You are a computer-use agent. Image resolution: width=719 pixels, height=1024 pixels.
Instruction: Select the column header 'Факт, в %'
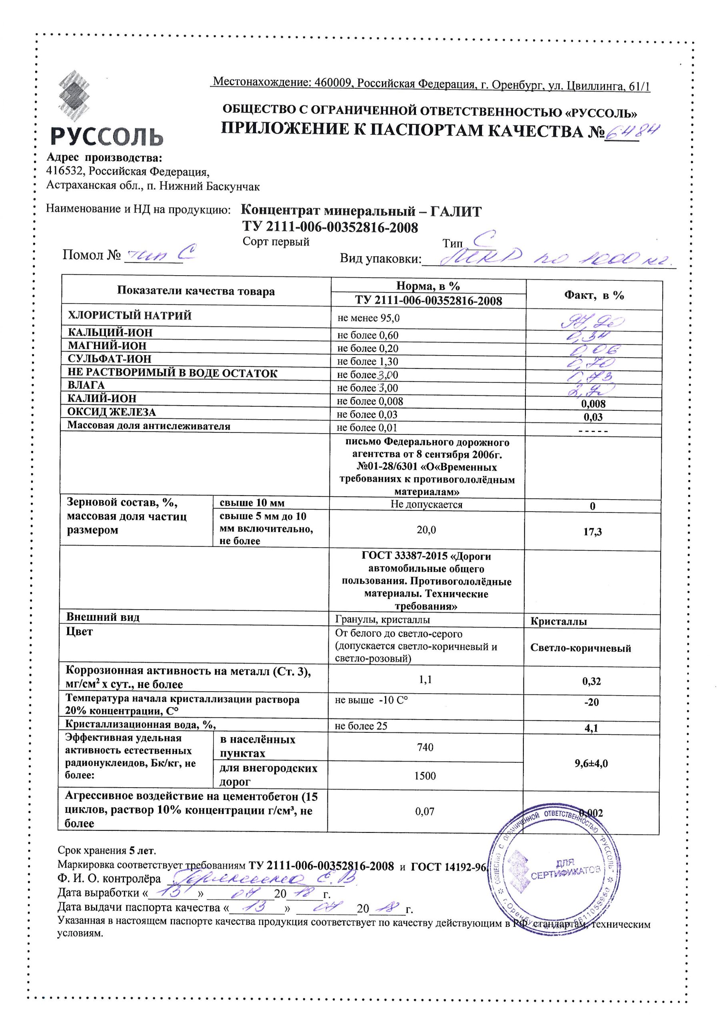(594, 295)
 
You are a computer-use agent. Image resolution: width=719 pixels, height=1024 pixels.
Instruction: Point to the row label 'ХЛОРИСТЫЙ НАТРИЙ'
(130, 316)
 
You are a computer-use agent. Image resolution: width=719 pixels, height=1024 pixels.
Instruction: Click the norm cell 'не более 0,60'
(368, 335)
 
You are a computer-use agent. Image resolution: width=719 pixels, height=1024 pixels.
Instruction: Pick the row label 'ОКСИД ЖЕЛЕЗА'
(112, 412)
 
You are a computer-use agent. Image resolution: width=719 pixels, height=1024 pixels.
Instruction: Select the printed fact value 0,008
(593, 404)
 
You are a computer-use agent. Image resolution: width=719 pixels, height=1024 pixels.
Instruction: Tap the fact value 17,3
(592, 532)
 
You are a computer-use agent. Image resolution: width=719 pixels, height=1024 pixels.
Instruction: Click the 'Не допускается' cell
(426, 504)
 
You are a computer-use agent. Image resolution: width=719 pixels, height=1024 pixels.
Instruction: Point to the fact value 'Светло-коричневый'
(580, 648)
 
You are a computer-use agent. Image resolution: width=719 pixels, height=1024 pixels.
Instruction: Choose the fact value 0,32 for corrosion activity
(591, 681)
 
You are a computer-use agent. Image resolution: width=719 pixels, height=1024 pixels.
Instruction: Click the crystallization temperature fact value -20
(591, 702)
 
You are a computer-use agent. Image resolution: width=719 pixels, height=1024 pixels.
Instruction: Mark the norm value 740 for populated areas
(425, 747)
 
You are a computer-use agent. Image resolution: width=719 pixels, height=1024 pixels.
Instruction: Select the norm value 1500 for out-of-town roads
(425, 776)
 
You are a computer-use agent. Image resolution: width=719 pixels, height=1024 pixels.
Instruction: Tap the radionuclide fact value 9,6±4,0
(591, 763)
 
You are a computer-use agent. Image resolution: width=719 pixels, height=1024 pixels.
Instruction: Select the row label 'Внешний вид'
(103, 617)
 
